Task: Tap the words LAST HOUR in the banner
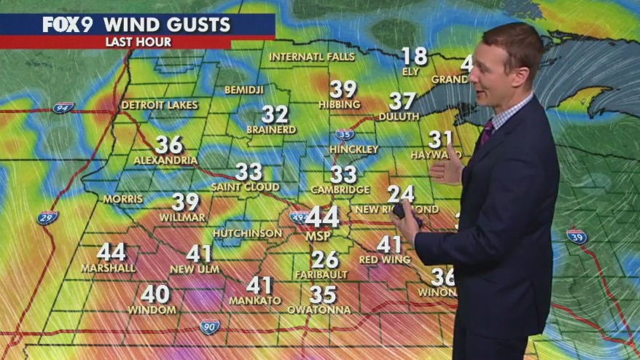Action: point(138,42)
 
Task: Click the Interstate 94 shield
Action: point(63,108)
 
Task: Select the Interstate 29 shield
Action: point(47,217)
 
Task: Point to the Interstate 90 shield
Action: point(210,326)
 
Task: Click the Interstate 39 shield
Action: point(577,236)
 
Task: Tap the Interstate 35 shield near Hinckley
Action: point(345,134)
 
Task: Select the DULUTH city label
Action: point(399,117)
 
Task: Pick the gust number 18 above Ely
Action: point(414,56)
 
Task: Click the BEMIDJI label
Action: point(244,90)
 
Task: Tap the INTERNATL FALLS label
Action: point(312,57)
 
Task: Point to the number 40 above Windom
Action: point(155,294)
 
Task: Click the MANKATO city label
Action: point(255,300)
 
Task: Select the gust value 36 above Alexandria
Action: point(168,144)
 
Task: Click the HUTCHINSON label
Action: point(248,233)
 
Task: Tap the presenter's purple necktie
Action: point(486,132)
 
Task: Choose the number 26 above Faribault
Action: point(325,259)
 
